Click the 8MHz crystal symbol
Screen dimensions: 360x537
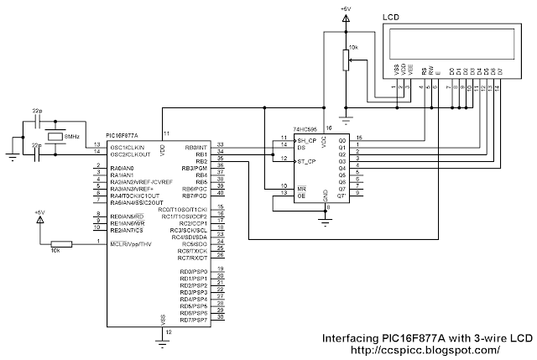55,136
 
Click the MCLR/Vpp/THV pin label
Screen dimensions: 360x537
130,244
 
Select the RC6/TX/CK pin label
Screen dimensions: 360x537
190,250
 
